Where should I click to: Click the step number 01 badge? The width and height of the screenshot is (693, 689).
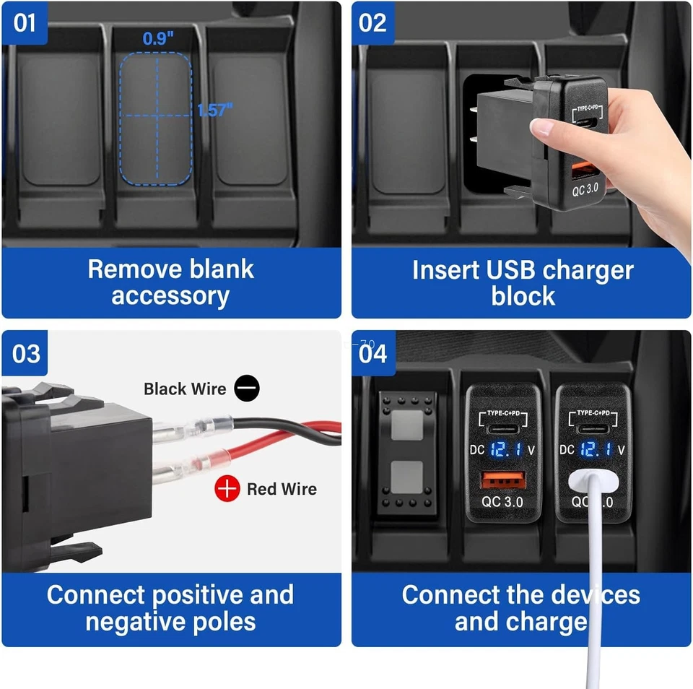25,22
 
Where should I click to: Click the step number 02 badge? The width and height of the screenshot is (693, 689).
372,22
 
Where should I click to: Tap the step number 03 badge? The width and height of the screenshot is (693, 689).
26,354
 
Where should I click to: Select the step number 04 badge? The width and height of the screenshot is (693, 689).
372,354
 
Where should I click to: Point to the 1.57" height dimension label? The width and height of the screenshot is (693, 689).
215,110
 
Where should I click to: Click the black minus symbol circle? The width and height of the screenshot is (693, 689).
247,389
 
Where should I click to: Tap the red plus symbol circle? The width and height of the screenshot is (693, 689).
227,489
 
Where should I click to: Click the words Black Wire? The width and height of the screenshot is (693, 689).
185,389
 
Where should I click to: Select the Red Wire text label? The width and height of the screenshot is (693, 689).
282,489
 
